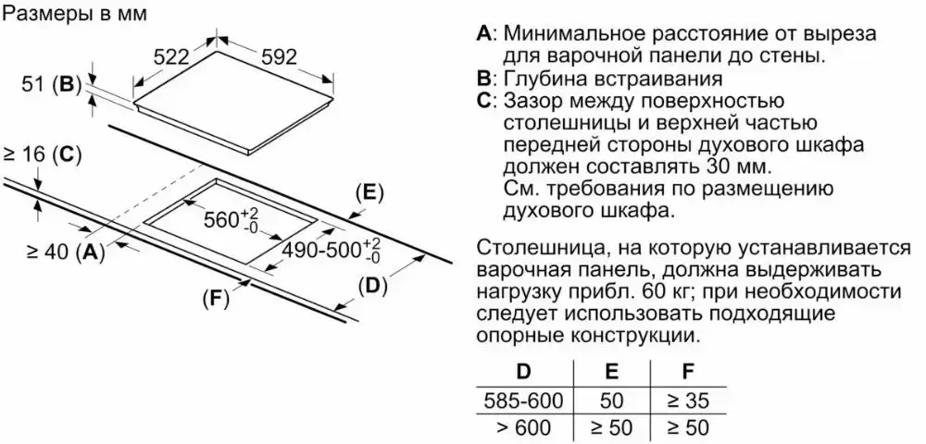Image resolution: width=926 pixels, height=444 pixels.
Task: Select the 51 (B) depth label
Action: click(x=51, y=84)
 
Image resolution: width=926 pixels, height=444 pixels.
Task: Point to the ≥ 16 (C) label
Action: click(x=43, y=154)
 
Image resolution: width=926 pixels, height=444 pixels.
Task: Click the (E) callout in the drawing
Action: click(x=369, y=191)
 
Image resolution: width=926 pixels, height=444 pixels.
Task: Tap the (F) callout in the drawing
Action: click(x=216, y=298)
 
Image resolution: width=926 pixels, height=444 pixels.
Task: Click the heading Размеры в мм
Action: click(x=75, y=16)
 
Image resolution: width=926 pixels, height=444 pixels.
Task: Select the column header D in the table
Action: click(x=523, y=373)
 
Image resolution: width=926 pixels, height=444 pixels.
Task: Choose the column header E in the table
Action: click(x=611, y=373)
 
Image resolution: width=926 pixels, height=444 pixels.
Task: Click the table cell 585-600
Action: click(x=523, y=401)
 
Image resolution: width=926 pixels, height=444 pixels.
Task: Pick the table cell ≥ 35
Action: click(x=686, y=401)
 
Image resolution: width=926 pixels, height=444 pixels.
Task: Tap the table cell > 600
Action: click(x=523, y=428)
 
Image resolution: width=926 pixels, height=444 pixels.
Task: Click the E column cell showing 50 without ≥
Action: click(x=611, y=401)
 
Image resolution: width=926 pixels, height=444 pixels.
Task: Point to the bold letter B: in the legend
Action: click(x=485, y=78)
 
